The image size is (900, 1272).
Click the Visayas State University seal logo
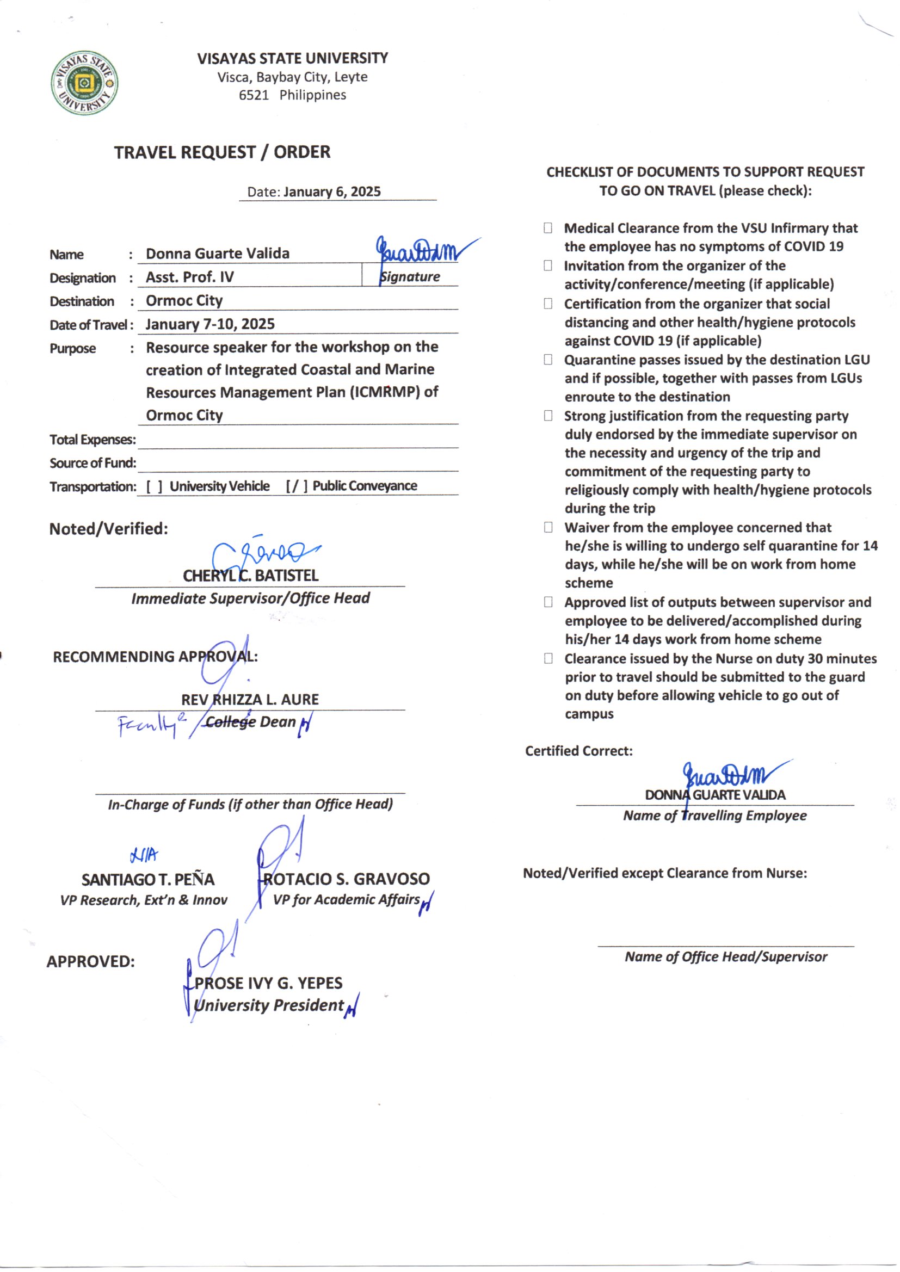84,83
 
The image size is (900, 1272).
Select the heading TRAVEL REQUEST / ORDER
222,152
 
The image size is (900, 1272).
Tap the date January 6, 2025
331,192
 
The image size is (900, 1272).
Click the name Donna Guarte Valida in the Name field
217,254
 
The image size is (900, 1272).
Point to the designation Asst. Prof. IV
189,277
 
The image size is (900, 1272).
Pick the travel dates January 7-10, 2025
210,324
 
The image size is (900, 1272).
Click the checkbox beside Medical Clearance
547,229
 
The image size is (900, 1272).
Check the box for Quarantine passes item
547,360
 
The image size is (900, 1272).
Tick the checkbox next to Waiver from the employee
547,527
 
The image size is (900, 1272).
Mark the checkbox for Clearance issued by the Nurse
547,658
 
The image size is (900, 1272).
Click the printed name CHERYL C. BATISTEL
250,576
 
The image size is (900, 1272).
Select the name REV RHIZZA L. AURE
250,700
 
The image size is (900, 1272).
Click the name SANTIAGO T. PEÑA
148,880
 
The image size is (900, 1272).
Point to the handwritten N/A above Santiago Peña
144,855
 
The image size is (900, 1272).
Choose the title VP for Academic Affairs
347,900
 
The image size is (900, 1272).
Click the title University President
269,1005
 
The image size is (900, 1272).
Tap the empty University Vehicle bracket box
154,486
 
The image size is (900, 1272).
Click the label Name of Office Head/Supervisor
725,957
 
